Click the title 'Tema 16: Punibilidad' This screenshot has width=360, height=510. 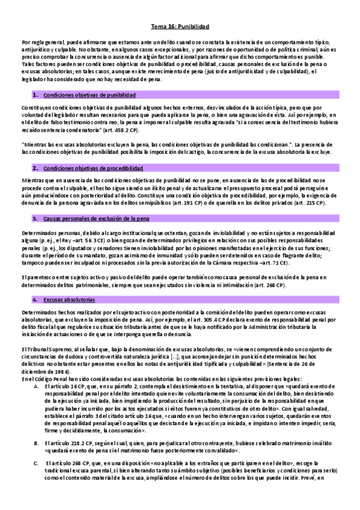(x=180, y=27)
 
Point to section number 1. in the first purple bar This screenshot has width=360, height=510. (x=36, y=95)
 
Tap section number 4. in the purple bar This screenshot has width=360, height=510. (x=36, y=299)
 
